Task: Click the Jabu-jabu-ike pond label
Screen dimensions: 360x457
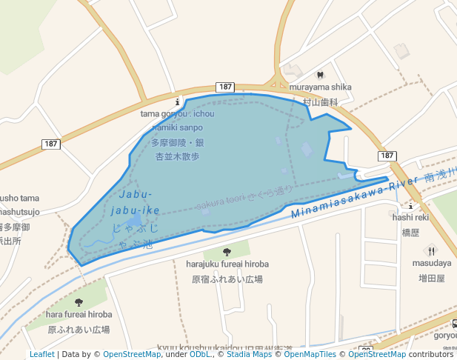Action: (x=134, y=203)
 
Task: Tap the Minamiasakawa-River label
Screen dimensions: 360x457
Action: (x=356, y=198)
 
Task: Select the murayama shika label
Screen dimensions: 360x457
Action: (x=320, y=87)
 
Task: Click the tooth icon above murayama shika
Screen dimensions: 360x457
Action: (x=320, y=75)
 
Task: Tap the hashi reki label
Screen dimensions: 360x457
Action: (x=410, y=217)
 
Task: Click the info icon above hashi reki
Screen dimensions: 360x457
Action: (x=410, y=205)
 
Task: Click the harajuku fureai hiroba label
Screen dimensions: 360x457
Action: (x=227, y=264)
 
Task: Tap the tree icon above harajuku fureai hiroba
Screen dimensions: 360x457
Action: (x=227, y=252)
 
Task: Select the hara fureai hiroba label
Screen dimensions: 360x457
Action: (x=79, y=314)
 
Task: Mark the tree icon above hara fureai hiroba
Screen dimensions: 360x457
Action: (x=79, y=302)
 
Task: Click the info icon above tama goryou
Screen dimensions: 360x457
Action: (x=176, y=101)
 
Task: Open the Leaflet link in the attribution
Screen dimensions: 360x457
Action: (x=41, y=354)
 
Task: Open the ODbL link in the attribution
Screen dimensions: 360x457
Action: (x=199, y=354)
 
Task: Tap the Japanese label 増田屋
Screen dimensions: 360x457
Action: (x=431, y=278)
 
